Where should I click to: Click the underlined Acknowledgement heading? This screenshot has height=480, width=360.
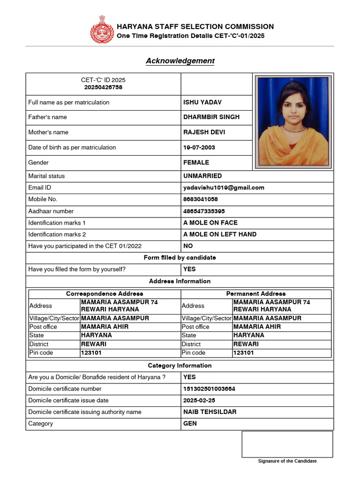click(180, 61)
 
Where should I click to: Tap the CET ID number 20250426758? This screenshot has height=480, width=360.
click(103, 87)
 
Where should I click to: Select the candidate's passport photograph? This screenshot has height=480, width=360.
click(293, 121)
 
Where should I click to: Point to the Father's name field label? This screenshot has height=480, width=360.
click(47, 117)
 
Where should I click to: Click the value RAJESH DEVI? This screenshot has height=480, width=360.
click(204, 132)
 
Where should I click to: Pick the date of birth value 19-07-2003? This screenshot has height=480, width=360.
click(199, 147)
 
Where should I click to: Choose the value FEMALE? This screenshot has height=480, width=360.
click(196, 163)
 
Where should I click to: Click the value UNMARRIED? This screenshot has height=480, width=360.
click(202, 176)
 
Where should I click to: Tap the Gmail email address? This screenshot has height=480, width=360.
click(224, 187)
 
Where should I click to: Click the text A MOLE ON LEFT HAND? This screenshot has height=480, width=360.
click(220, 234)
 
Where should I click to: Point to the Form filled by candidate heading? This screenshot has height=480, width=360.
click(180, 258)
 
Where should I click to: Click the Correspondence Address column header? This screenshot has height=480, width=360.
click(105, 294)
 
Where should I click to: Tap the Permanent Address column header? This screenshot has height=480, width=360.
click(256, 294)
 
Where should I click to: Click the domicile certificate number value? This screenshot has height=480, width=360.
click(209, 389)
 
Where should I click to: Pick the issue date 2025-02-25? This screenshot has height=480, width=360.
click(199, 400)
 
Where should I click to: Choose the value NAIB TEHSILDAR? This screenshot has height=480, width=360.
click(210, 412)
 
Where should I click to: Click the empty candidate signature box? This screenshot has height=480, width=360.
click(287, 444)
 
